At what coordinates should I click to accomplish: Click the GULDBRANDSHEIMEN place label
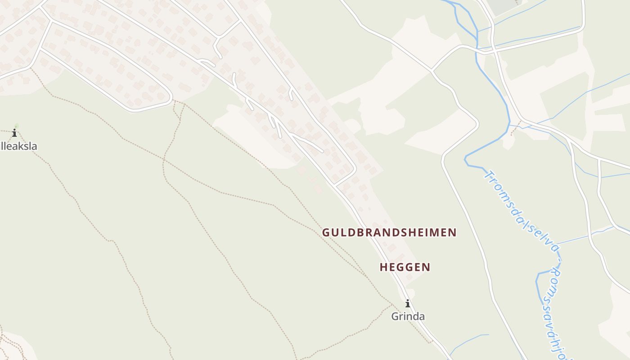coord(389,233)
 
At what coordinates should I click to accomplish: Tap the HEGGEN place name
coord(405,267)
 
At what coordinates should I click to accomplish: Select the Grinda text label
coord(408,316)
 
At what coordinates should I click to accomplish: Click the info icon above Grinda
coord(408,303)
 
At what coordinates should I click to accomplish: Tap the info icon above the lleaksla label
coord(14,133)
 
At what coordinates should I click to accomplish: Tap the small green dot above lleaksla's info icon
coord(17,126)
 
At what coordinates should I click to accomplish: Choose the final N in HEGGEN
coord(427,267)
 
